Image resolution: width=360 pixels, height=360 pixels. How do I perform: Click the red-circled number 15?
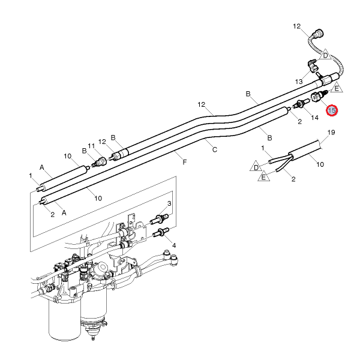[332, 110]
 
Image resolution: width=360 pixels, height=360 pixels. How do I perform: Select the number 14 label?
[314, 118]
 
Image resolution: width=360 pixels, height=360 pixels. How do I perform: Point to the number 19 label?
[331, 133]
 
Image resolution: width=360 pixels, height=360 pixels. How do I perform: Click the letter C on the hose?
[214, 147]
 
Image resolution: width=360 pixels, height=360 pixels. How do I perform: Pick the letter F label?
[184, 161]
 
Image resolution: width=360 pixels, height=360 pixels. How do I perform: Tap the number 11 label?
[92, 146]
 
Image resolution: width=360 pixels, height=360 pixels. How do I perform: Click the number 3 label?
[170, 204]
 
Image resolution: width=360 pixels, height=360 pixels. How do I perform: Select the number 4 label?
[174, 245]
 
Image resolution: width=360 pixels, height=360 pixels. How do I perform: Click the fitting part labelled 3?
[160, 217]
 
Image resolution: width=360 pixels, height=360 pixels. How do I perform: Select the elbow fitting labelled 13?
[313, 65]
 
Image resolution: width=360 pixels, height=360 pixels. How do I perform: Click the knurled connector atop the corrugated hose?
[317, 33]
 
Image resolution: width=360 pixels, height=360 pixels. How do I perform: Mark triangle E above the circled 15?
[337, 88]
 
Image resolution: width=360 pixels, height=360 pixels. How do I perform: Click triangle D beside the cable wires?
[257, 167]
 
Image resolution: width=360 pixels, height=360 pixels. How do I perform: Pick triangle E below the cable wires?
[264, 177]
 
